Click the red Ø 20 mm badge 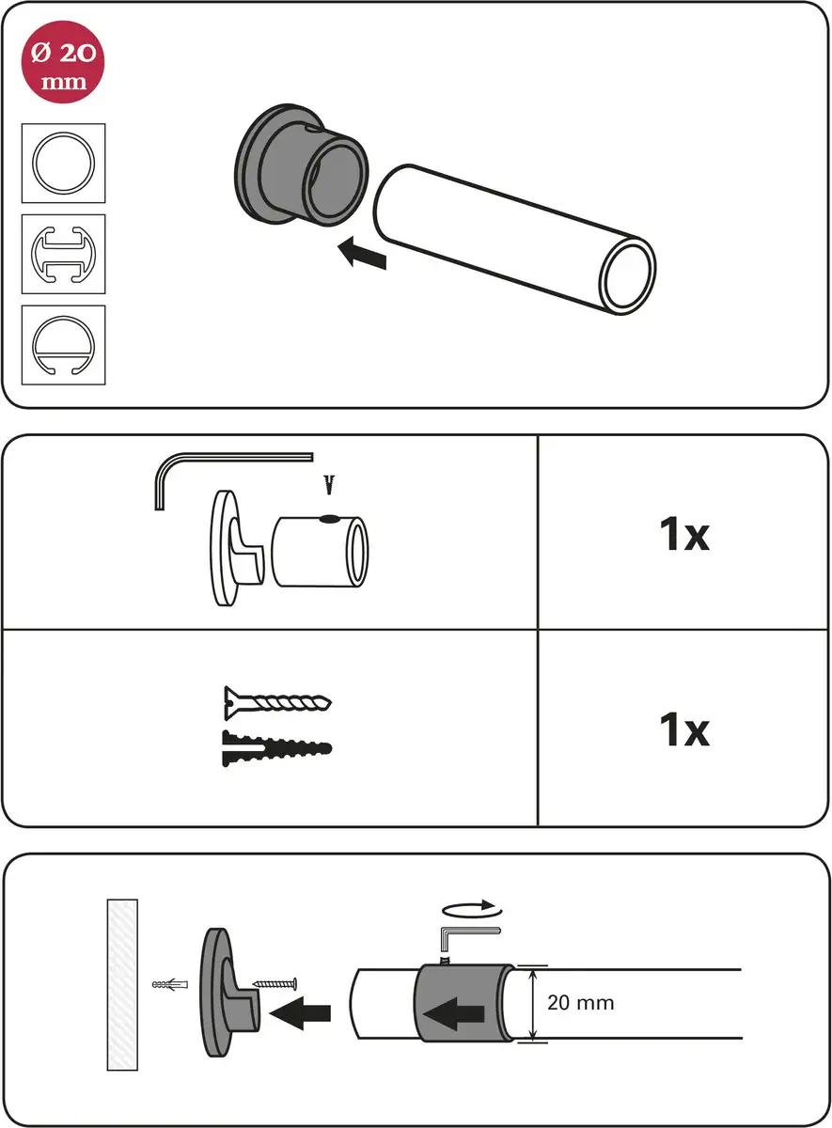(x=63, y=62)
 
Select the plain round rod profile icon (x=64, y=164)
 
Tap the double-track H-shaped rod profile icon (x=64, y=255)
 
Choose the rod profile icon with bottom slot (x=64, y=346)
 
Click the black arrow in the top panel (x=362, y=253)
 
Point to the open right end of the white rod (x=627, y=276)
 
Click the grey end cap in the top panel (x=301, y=164)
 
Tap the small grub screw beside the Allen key (x=330, y=484)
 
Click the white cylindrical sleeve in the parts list (x=321, y=552)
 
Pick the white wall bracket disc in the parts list (x=237, y=548)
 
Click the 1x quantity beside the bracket (x=684, y=534)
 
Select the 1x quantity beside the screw (x=684, y=729)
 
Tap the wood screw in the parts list (x=278, y=703)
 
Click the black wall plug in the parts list (x=277, y=748)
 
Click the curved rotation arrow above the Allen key (x=472, y=909)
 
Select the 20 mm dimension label (x=581, y=1003)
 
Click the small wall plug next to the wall (x=170, y=984)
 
